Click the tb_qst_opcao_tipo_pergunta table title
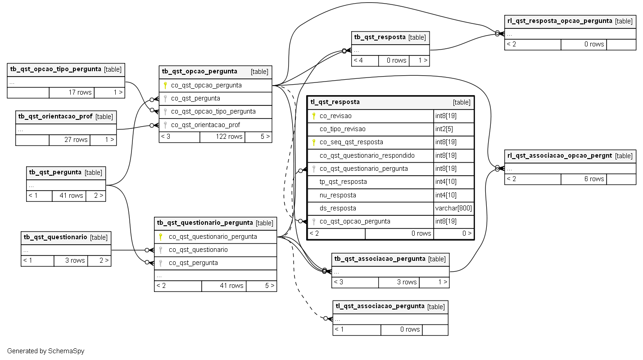(56, 69)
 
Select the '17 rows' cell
(72, 92)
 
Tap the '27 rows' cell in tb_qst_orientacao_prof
(69, 140)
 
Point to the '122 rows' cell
(222, 137)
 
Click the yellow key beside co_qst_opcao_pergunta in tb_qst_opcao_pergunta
(165, 85)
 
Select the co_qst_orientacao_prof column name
(205, 125)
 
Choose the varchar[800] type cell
(453, 208)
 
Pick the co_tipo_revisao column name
(343, 129)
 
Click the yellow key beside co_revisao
(314, 116)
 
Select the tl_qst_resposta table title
(335, 102)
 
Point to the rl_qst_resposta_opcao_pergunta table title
(560, 21)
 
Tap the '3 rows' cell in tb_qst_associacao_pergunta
(398, 282)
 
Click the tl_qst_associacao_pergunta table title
(380, 306)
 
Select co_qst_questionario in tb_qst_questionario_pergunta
(198, 250)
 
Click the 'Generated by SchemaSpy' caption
(45, 351)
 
